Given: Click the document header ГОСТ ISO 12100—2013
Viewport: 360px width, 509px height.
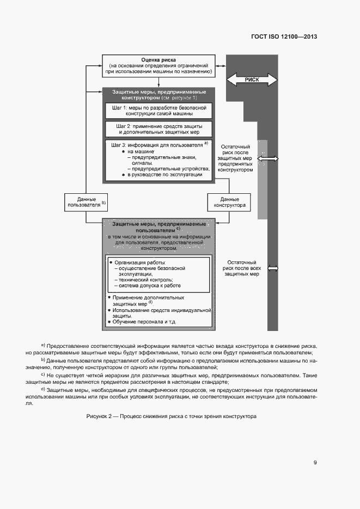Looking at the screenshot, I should (x=284, y=36).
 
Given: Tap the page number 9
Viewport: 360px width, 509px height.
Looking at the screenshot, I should (x=315, y=463).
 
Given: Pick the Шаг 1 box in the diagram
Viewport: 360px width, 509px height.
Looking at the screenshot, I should (x=158, y=111).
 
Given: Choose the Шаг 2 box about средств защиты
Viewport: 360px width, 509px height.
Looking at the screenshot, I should (x=158, y=129).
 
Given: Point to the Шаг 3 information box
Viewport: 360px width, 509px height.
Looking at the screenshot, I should (x=158, y=160).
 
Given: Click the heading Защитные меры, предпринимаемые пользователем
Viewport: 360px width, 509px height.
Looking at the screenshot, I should (x=158, y=227).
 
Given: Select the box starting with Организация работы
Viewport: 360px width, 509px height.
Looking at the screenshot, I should (x=158, y=273).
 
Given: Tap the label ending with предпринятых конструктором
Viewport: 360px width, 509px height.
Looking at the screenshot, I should (x=235, y=158).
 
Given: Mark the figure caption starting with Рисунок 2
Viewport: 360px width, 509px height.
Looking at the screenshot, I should (x=171, y=416).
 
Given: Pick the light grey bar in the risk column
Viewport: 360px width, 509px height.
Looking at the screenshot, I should (x=263, y=179).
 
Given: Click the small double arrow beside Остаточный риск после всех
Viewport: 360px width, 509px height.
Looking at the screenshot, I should (x=273, y=268).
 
